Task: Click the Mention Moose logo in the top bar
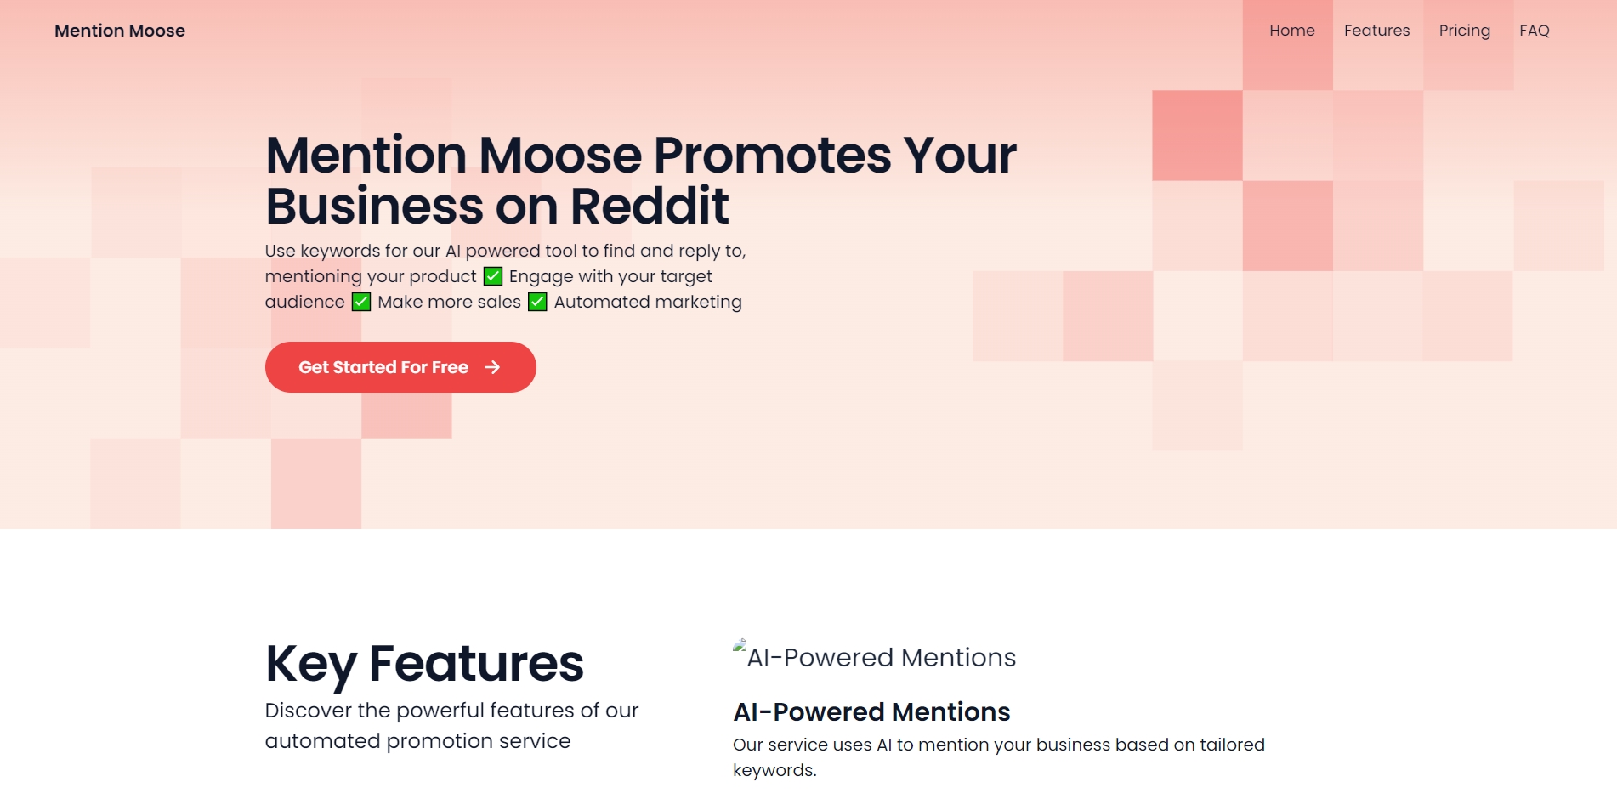click(x=120, y=31)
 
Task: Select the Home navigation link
click(x=1292, y=31)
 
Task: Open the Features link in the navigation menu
click(x=1376, y=31)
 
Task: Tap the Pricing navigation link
click(x=1464, y=31)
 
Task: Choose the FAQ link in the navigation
click(x=1535, y=31)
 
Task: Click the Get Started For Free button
click(x=400, y=367)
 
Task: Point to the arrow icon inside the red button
click(x=492, y=367)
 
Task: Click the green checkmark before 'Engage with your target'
click(x=493, y=276)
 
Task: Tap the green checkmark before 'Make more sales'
click(x=361, y=302)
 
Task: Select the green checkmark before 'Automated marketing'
click(x=537, y=302)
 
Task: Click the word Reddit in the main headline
click(x=650, y=206)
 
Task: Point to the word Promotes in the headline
click(x=772, y=155)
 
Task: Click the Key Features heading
click(x=424, y=664)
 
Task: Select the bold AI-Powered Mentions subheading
click(x=871, y=711)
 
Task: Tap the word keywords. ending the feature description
click(x=774, y=771)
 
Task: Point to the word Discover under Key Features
click(x=309, y=711)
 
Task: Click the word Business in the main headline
click(x=375, y=206)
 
